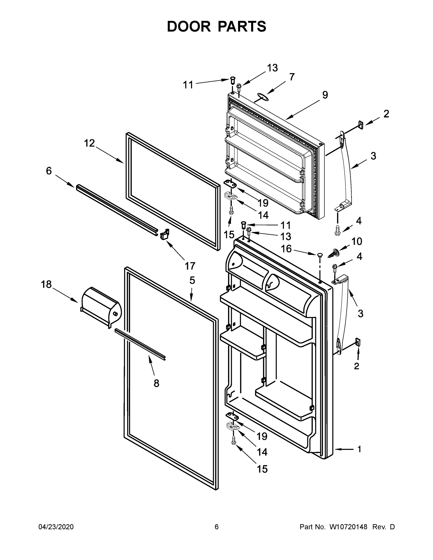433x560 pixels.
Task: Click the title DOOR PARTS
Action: [217, 27]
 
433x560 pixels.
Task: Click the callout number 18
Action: [46, 284]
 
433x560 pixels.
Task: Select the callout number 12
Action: [90, 143]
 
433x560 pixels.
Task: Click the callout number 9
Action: [325, 95]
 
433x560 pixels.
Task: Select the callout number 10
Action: [357, 241]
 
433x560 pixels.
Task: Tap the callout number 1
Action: [359, 449]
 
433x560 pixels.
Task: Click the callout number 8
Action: [156, 383]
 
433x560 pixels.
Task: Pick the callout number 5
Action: [192, 280]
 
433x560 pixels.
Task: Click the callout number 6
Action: [49, 171]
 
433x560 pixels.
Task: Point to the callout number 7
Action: [292, 77]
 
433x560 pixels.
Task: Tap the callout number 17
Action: [190, 266]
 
